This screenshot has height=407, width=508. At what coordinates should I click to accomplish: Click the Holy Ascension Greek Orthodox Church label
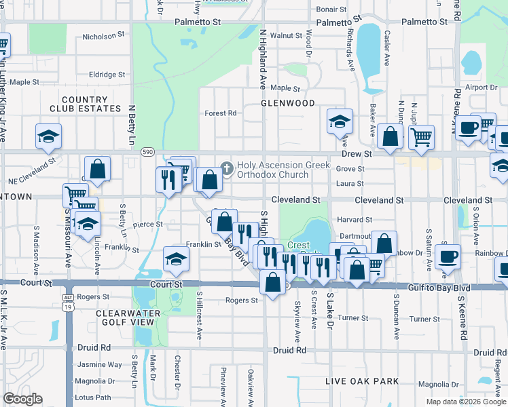coord(283,170)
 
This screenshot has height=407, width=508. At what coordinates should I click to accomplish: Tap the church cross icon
coord(227,167)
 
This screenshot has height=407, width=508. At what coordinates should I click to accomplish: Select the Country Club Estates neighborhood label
coord(85,104)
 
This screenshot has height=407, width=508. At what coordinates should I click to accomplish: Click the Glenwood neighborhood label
coord(288,103)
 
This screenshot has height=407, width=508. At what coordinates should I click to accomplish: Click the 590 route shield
coord(147,153)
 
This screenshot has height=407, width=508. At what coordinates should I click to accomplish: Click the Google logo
coord(22,399)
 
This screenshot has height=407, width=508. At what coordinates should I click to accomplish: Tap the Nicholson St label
coord(104,33)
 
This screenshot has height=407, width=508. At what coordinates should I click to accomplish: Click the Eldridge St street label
coord(107,75)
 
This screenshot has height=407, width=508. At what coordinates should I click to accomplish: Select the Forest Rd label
coord(220,113)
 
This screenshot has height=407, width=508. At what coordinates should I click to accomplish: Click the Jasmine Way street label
coord(100,364)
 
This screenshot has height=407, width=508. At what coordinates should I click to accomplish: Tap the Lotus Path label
coord(94,397)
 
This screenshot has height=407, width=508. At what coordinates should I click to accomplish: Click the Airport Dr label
coord(482,88)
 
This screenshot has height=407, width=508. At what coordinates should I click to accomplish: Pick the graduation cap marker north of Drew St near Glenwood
coord(340,122)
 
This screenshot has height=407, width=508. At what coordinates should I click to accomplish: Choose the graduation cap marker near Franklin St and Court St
coord(176,260)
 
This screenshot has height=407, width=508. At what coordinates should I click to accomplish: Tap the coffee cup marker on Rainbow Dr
coord(448,256)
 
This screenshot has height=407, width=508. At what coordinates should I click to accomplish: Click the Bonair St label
coord(331,10)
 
